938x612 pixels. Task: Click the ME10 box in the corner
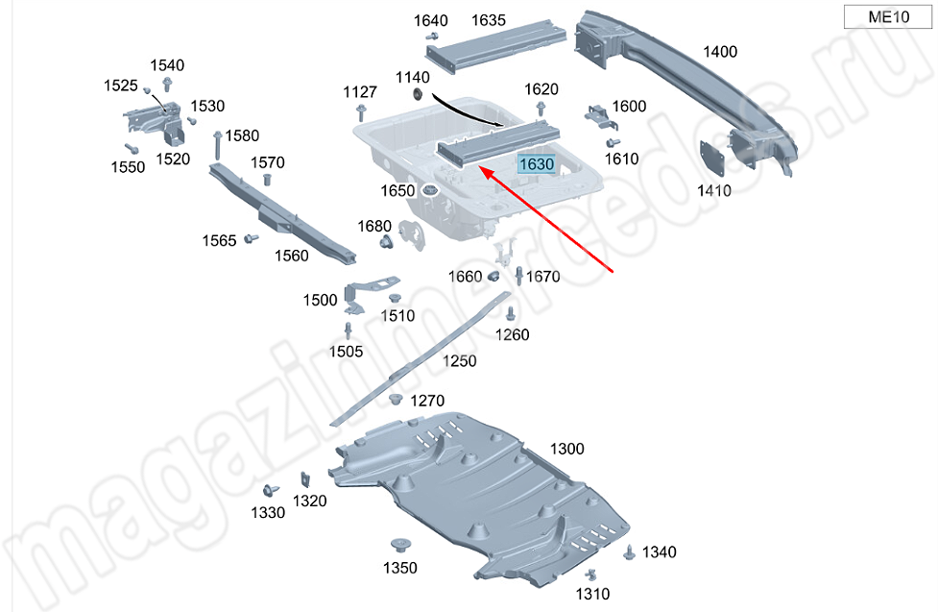[x=888, y=16]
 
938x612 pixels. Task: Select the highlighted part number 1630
[x=537, y=163]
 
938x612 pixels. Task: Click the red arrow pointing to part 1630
[x=547, y=220]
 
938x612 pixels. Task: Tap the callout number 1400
[x=720, y=52]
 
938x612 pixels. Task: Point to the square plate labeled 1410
[x=711, y=159]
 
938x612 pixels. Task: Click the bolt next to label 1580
[x=218, y=145]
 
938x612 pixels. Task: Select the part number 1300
[x=566, y=449]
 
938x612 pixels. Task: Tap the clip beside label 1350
[x=400, y=546]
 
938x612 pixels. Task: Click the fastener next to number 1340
[x=629, y=552]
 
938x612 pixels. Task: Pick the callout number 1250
[x=460, y=361]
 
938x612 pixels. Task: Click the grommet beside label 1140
[x=419, y=94]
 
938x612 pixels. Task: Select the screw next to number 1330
[x=271, y=490]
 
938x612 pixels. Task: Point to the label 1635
[x=488, y=20]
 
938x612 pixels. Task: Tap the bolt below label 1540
[x=167, y=84]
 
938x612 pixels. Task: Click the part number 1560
[x=291, y=256]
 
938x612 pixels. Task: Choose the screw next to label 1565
[x=252, y=239]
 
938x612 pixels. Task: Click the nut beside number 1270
[x=395, y=399]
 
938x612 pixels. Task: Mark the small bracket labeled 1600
[x=600, y=117]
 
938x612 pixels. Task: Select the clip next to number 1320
[x=305, y=480]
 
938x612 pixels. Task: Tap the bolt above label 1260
[x=510, y=313]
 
